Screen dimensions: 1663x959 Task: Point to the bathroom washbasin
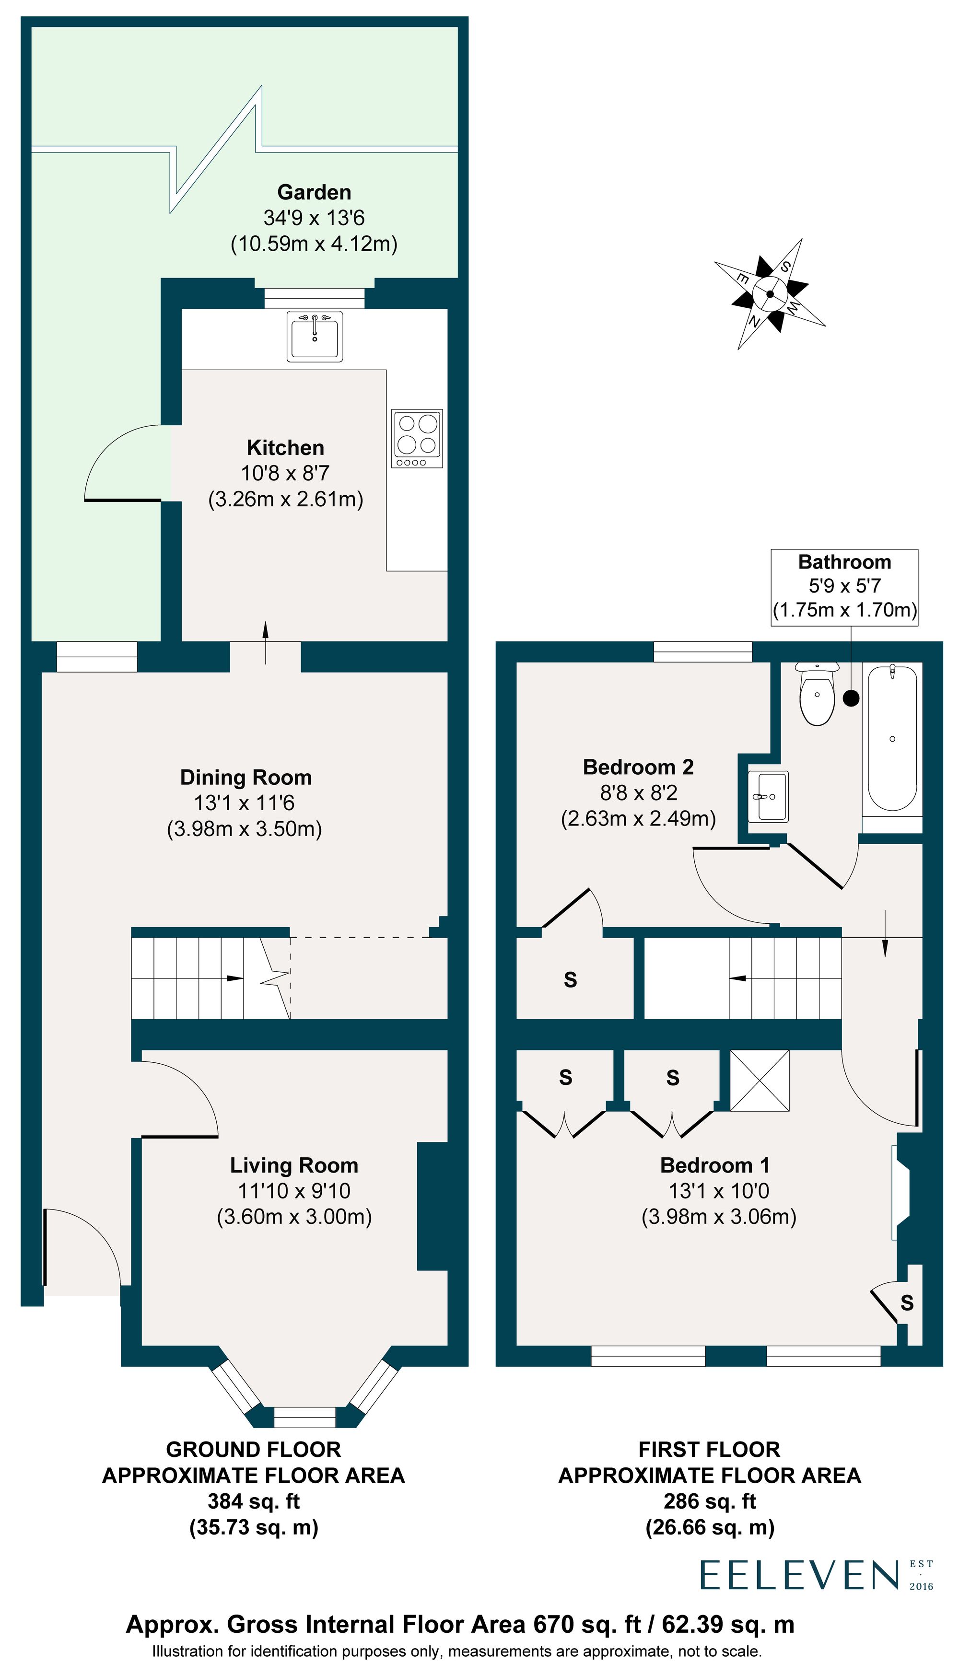tap(769, 797)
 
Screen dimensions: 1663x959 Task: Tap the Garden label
tap(314, 192)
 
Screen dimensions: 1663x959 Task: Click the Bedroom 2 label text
tap(638, 767)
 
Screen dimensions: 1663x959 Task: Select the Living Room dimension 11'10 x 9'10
tap(294, 1190)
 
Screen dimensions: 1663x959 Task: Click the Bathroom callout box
tap(844, 586)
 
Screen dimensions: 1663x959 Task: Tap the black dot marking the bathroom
tap(851, 698)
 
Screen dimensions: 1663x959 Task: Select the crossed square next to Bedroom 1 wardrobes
tap(760, 1081)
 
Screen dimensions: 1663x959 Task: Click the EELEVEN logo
tap(800, 1575)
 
